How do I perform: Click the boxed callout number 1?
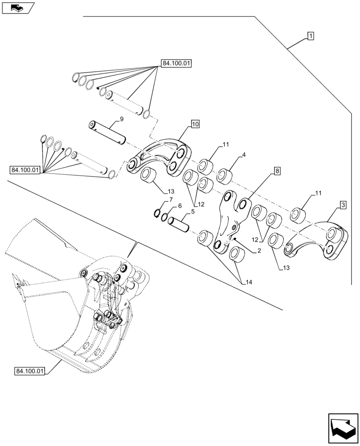coord(310,36)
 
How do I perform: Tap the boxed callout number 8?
coord(277,171)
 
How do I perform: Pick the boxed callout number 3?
coord(343,205)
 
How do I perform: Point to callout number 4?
coord(243,155)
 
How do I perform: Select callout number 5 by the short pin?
coord(192,212)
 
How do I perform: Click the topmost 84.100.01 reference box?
coord(176,64)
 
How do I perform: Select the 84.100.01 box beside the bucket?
coord(30,371)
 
